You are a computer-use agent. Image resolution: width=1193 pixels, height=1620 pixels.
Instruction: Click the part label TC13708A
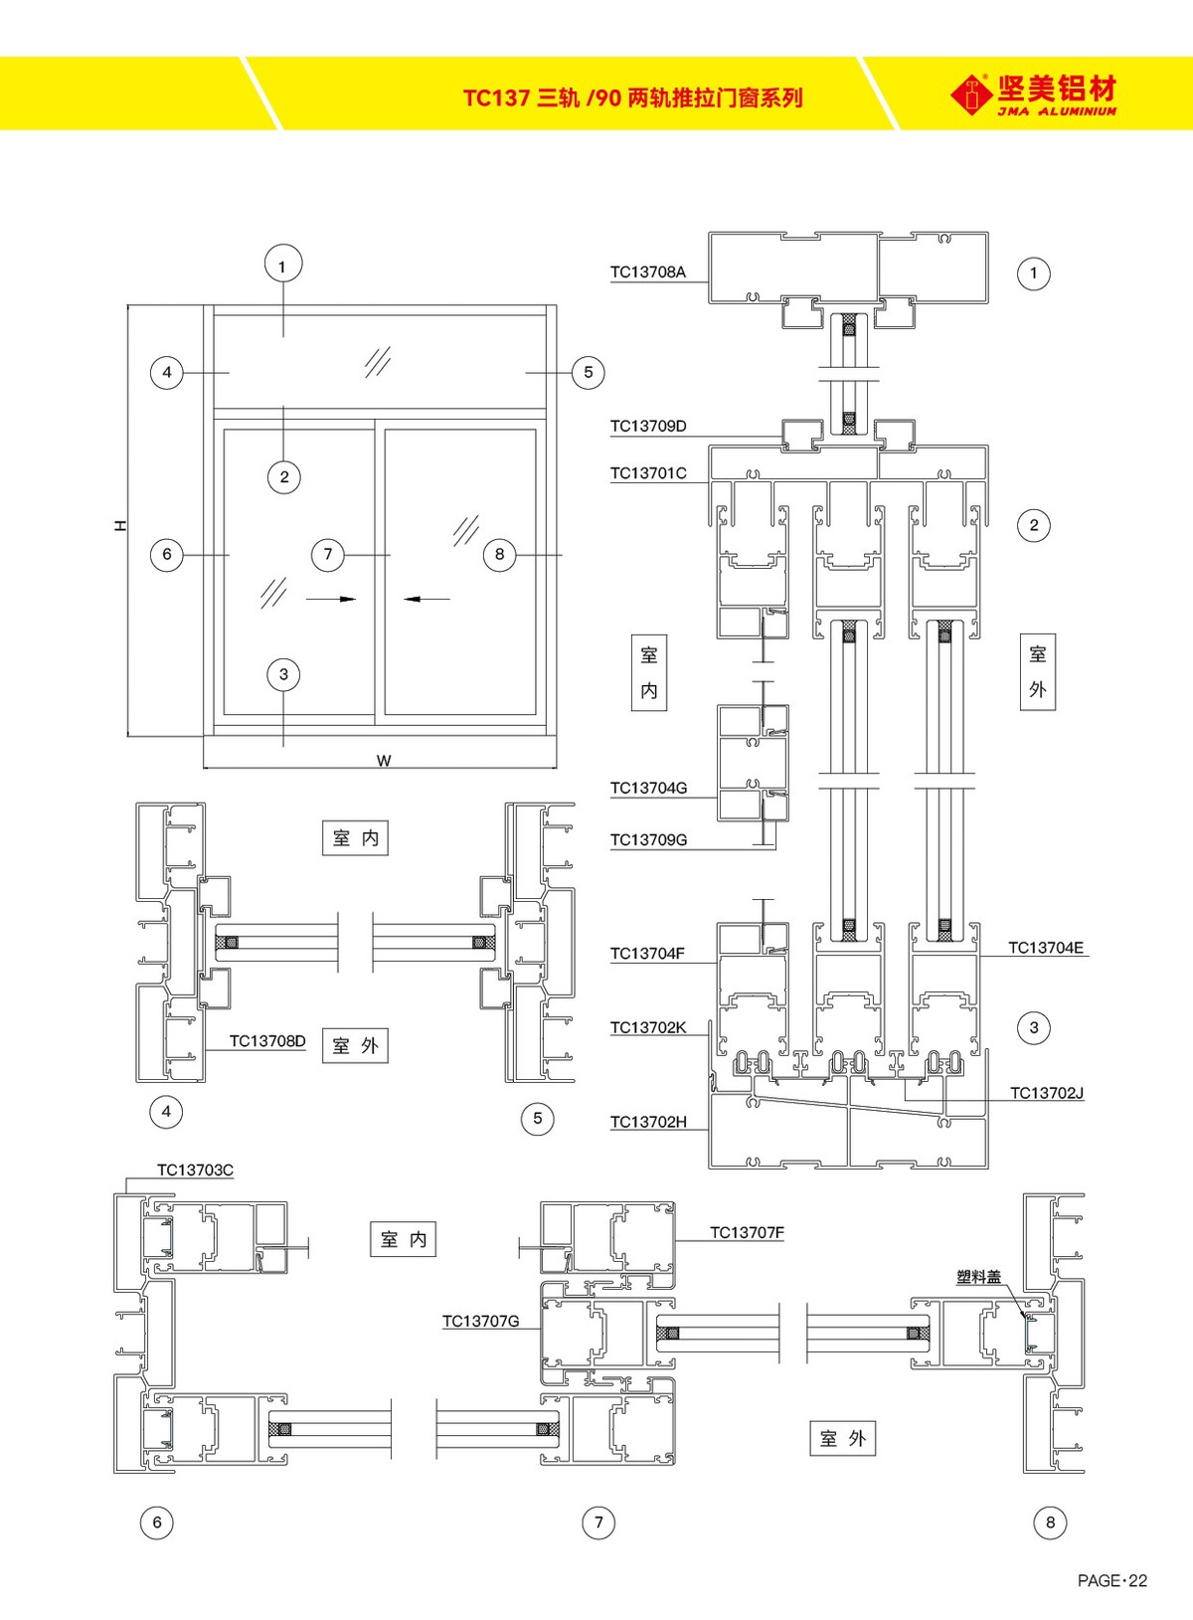tap(647, 271)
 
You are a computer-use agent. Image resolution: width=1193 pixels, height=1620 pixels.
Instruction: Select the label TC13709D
tap(647, 426)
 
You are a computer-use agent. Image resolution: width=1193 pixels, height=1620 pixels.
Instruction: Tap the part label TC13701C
tap(647, 473)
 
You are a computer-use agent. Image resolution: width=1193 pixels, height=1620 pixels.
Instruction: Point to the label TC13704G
tap(647, 788)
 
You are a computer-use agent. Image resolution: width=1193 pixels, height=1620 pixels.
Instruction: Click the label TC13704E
tap(1045, 948)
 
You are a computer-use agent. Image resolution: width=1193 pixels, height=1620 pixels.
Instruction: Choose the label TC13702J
tap(1046, 1093)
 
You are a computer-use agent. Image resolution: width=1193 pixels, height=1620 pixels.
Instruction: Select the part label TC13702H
tap(647, 1122)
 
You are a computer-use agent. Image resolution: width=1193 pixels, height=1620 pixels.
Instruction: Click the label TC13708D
tap(267, 1041)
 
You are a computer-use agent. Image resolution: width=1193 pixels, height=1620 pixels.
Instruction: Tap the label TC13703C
tap(195, 1170)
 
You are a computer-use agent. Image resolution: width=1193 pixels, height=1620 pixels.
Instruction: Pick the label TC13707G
tap(480, 1321)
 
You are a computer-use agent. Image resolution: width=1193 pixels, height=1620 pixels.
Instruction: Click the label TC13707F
tap(747, 1232)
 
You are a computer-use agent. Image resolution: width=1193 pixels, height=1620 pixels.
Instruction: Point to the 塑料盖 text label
tap(978, 1277)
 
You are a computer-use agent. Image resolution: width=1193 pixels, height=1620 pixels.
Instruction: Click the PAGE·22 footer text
tap(1111, 1580)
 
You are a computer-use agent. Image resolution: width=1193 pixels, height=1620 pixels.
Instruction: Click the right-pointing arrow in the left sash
tap(332, 599)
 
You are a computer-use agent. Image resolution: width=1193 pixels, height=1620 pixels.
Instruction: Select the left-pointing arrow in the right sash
tap(426, 599)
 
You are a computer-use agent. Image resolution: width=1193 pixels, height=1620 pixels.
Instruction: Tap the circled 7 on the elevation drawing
tap(327, 554)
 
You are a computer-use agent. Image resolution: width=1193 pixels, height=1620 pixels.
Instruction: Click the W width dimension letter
tap(384, 761)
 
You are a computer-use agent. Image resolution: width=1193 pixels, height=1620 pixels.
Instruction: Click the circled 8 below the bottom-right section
tap(1050, 1522)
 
